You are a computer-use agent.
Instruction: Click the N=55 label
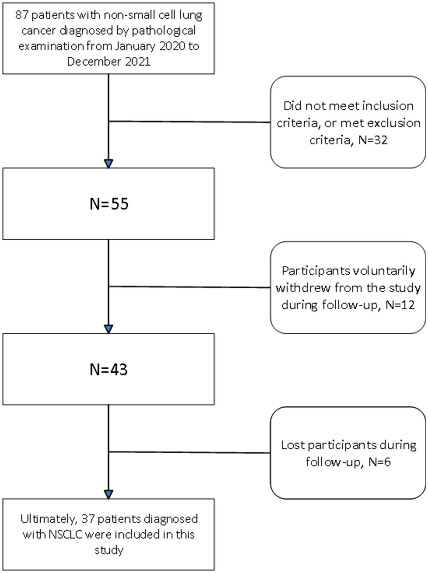click(109, 204)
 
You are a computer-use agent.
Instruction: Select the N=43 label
click(109, 370)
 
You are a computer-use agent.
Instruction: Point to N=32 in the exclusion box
click(373, 140)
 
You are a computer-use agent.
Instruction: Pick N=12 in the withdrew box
click(400, 305)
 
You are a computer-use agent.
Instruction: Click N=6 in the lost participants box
click(379, 462)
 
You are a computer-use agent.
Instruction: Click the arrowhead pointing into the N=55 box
click(108, 164)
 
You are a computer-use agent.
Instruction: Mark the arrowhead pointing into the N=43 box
click(108, 329)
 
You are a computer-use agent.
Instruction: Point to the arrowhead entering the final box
click(108, 494)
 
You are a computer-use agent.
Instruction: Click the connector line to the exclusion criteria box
click(189, 122)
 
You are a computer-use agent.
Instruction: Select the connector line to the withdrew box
click(189, 287)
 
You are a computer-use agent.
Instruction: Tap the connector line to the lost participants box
click(189, 453)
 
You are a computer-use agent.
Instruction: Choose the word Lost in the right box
click(292, 445)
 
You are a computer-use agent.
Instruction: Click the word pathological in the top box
click(164, 31)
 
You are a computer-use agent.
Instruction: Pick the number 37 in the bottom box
click(87, 519)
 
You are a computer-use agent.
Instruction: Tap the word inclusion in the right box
click(388, 106)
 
